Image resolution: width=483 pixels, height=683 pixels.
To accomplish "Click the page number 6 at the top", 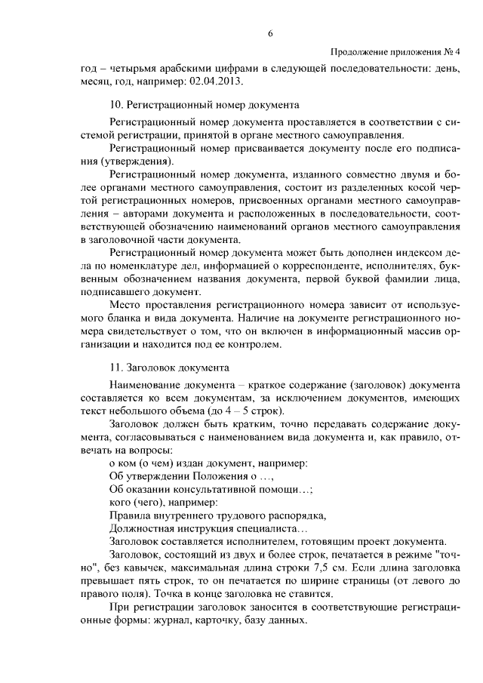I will point(269,32).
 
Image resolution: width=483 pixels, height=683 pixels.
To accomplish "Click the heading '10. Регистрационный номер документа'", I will point(204,105).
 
